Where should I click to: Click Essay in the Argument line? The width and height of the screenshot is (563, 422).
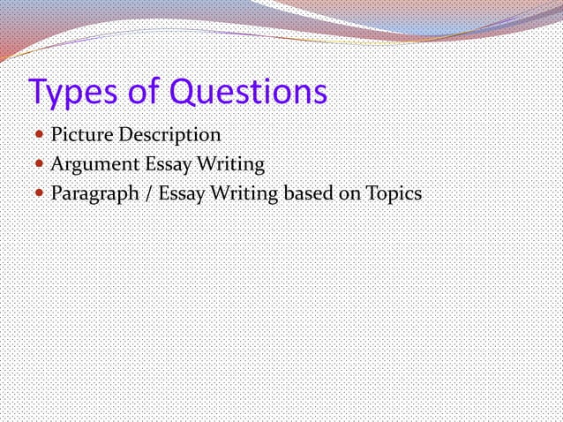160,164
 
